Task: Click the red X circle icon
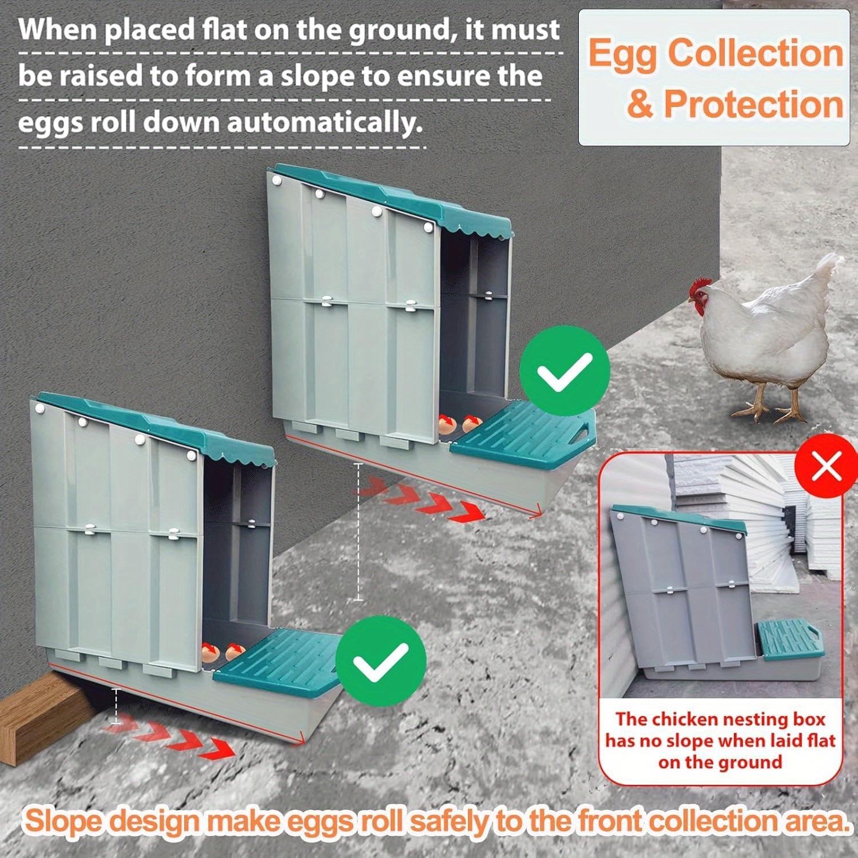[x=826, y=467]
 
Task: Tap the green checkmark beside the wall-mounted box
[x=565, y=371]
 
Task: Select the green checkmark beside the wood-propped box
[x=380, y=662]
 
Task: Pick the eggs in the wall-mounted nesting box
[x=458, y=424]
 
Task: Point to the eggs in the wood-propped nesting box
[x=223, y=652]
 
